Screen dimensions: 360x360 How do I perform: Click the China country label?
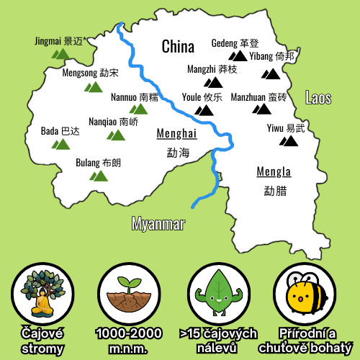click(178, 47)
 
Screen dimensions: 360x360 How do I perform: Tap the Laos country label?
click(318, 98)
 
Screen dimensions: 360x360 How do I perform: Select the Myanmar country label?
click(158, 224)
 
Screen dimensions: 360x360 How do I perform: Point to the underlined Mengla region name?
click(274, 172)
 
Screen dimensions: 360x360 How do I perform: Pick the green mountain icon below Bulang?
click(98, 176)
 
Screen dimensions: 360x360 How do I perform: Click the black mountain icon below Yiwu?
click(289, 140)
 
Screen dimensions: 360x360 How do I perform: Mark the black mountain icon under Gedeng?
click(238, 55)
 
